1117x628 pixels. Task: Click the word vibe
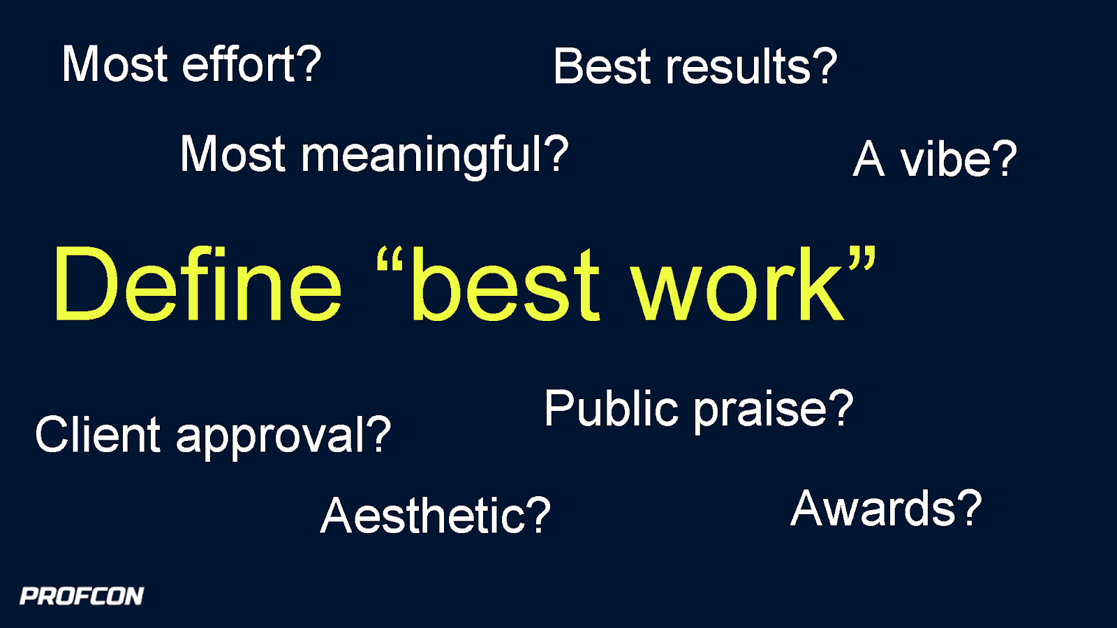coord(945,160)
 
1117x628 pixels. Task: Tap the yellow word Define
coord(198,285)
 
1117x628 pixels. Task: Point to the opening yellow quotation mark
coord(390,261)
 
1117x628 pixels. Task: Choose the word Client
coord(98,435)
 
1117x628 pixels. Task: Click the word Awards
coord(873,509)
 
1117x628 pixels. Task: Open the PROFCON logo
coord(82,596)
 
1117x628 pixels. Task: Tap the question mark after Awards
coord(970,507)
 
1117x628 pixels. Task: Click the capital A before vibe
coord(869,160)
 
